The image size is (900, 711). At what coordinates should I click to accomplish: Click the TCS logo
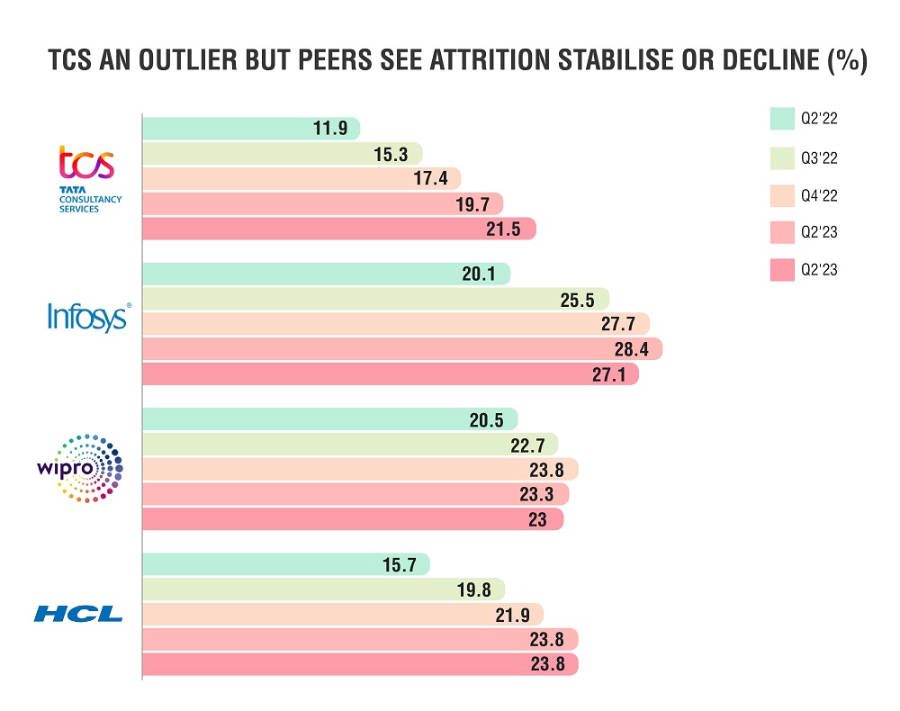coord(86,176)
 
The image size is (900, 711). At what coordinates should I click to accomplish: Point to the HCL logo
coord(78,615)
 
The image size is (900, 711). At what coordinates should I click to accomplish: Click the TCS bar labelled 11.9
coord(250,129)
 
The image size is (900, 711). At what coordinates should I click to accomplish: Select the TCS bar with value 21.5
coord(338,229)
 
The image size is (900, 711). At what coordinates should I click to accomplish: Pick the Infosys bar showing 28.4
coord(401,349)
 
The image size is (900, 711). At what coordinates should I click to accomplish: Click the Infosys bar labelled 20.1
coord(326,274)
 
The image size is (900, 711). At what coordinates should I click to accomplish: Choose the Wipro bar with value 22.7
coord(349,444)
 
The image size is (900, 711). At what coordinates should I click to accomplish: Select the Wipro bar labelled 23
coord(352,519)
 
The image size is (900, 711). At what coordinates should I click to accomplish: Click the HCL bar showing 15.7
coord(285,564)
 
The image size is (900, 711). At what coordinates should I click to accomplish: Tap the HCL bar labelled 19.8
coord(323,589)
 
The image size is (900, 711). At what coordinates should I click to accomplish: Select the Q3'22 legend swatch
coord(780,157)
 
